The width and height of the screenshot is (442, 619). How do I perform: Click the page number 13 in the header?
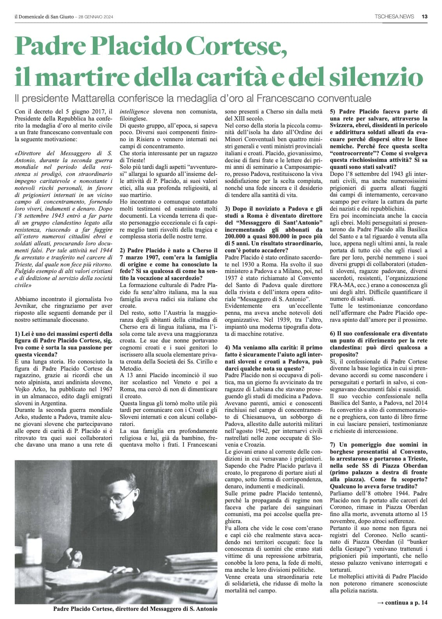(x=424, y=16)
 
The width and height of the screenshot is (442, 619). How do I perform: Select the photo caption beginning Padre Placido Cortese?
(x=135, y=608)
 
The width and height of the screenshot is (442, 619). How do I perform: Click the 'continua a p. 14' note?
(x=402, y=603)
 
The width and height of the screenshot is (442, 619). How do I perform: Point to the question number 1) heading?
(x=63, y=344)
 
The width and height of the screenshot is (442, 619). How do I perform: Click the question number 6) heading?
(x=379, y=344)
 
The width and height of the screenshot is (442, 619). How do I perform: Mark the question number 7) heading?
(x=379, y=465)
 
